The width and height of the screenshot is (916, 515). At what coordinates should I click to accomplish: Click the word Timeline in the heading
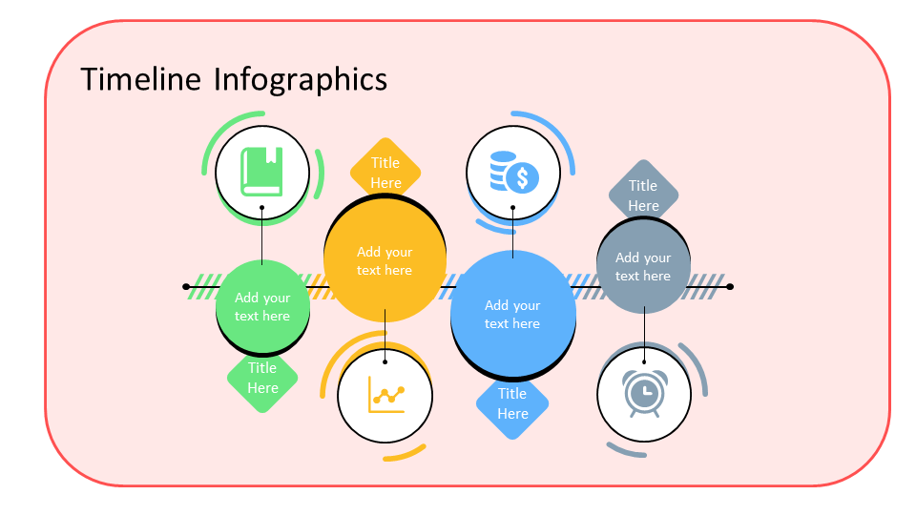pos(141,78)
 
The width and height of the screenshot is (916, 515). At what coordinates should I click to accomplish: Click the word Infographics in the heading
pos(300,79)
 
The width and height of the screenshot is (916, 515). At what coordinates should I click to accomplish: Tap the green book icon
pos(261,172)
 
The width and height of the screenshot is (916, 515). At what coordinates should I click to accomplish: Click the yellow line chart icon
pos(385,394)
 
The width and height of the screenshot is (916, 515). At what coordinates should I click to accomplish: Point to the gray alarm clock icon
pos(643,393)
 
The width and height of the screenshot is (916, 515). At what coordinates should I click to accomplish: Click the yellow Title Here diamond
pos(385,173)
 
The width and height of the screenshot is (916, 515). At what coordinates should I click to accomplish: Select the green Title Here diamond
pos(262,378)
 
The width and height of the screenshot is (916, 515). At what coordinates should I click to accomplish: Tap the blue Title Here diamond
pos(512,403)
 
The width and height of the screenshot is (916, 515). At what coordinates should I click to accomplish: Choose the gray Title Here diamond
pos(643,196)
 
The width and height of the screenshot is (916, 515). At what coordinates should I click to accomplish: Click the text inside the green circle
pos(262,307)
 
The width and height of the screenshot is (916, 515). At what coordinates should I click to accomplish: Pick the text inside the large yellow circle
pos(385,261)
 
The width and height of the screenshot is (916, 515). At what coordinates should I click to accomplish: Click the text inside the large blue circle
pos(512,315)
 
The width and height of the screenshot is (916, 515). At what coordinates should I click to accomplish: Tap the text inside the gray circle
pos(643,266)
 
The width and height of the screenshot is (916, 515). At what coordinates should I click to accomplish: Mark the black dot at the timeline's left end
pos(186,286)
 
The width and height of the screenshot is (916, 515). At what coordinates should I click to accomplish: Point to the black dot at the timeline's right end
pos(730,286)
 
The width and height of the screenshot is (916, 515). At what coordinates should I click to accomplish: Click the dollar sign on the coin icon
pos(522,177)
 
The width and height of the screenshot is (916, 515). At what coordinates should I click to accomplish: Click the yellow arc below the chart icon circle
pos(406,454)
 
